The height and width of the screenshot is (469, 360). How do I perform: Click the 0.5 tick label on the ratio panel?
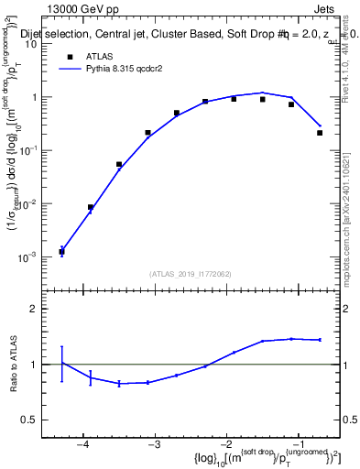point(35,420)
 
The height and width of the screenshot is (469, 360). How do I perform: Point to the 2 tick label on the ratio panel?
point(40,309)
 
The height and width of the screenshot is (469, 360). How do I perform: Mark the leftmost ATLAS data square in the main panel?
point(61,251)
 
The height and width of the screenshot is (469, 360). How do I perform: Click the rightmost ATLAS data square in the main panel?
point(320,133)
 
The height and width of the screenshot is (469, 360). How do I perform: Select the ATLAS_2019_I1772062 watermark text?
point(191,274)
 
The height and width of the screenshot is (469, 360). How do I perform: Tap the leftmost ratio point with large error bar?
point(61,364)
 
